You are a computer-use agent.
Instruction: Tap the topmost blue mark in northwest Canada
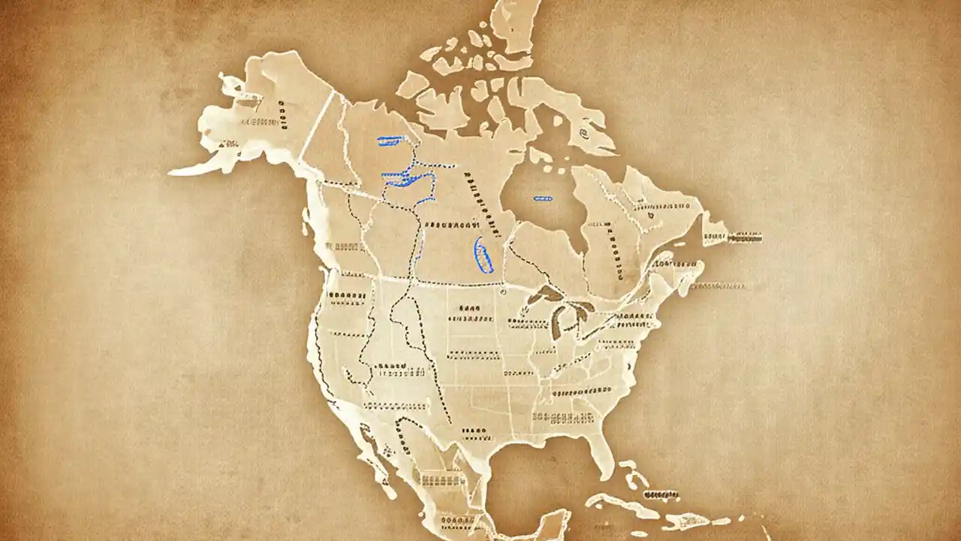tap(390, 139)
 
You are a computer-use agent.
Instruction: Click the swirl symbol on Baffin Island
tap(583, 134)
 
